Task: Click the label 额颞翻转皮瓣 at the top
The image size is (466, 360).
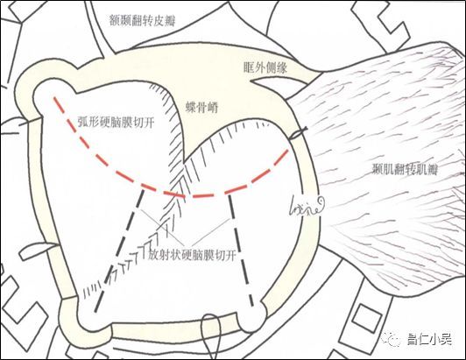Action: pos(142,21)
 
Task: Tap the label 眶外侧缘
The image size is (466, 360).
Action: pos(265,68)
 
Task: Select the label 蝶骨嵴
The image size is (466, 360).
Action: pos(202,108)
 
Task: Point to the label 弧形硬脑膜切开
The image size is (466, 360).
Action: pos(116,122)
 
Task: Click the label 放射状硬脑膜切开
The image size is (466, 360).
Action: pos(192,255)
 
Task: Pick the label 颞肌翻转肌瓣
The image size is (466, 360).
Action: pos(405,169)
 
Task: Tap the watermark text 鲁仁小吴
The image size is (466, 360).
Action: pos(430,339)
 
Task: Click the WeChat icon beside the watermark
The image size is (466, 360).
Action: pos(392,339)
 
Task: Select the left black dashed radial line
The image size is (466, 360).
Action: pos(119,251)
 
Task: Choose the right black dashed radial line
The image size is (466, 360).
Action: pos(241,251)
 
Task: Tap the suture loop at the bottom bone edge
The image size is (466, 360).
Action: pos(211,337)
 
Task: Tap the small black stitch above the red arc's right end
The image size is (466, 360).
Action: pos(298,133)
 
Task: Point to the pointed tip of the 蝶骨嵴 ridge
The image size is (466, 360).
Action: pos(184,162)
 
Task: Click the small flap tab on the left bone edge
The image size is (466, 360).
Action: pos(37,251)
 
